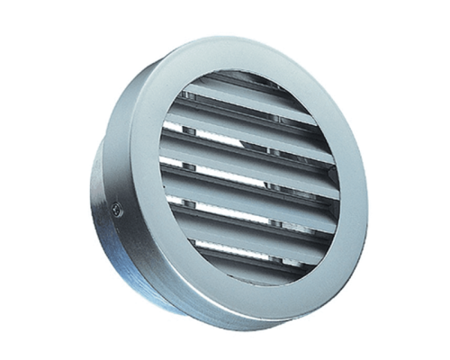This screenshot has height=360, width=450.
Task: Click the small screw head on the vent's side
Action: (118, 211)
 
